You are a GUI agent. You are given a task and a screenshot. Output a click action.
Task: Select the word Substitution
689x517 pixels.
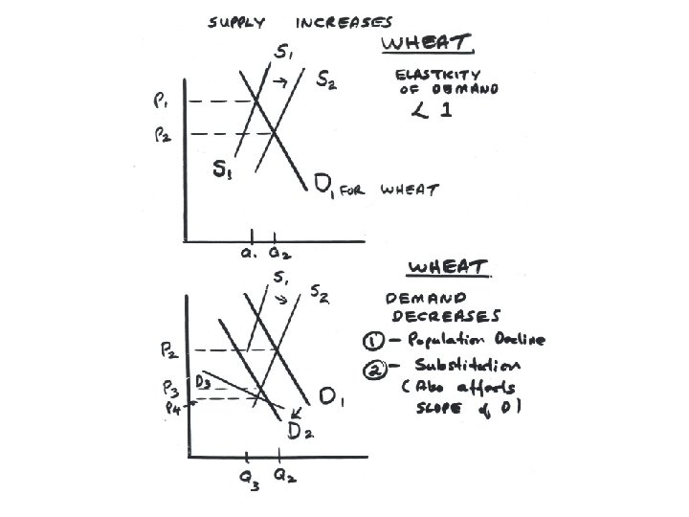click(x=469, y=365)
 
